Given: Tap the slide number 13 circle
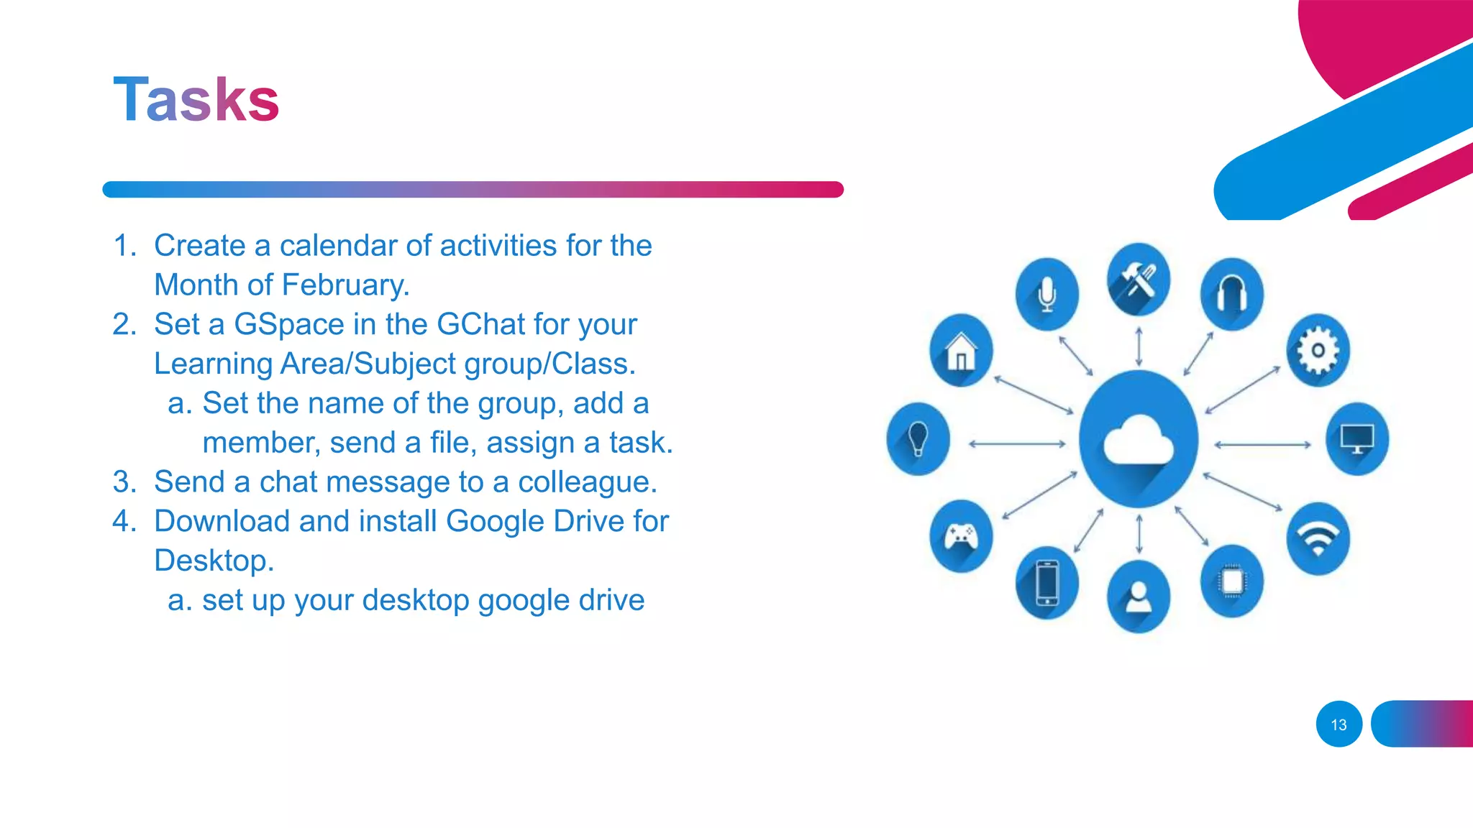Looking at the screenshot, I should tap(1339, 724).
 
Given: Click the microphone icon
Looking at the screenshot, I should tap(1047, 294).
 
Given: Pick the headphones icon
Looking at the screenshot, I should tap(1231, 294).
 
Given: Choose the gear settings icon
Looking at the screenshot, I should tap(1318, 350).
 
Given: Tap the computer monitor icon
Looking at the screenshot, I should tap(1356, 439).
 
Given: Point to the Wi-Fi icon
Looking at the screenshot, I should tap(1318, 538).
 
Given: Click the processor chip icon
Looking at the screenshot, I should tap(1231, 581).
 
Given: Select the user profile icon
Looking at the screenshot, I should tap(1139, 597).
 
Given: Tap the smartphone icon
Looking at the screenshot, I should tap(1047, 582).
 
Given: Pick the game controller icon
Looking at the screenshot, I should tap(961, 536).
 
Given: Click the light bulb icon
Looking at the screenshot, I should tap(918, 438).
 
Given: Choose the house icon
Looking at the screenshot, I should tap(961, 350).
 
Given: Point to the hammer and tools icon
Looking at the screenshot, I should tap(1139, 280).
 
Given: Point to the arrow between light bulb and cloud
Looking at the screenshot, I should tap(1017, 444).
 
